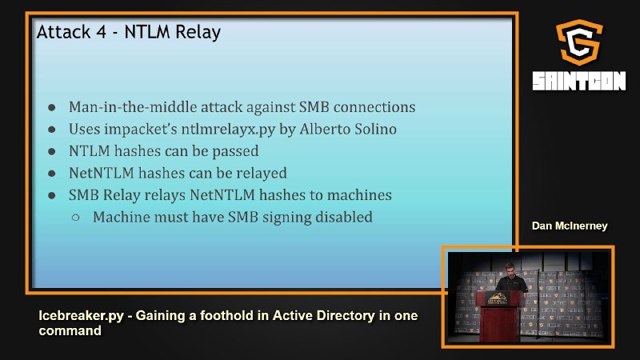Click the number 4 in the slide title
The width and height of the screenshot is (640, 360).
pyautogui.click(x=102, y=32)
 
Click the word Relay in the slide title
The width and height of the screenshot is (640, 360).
pyautogui.click(x=201, y=32)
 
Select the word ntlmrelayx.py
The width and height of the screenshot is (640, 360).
pyautogui.click(x=228, y=130)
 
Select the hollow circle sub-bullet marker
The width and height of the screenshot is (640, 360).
pyautogui.click(x=75, y=218)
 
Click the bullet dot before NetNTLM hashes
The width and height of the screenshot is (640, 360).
pyautogui.click(x=52, y=174)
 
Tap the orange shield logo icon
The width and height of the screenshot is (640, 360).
pyautogui.click(x=578, y=42)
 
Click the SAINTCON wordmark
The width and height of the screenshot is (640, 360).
pyautogui.click(x=578, y=81)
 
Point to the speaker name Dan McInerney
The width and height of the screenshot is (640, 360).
pyautogui.click(x=570, y=226)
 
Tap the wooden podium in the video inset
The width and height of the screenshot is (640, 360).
pyautogui.click(x=499, y=315)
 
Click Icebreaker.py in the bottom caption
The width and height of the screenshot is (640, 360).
pyautogui.click(x=81, y=315)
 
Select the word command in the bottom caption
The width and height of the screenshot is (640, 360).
pyautogui.click(x=70, y=330)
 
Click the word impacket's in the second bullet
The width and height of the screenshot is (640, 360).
pyautogui.click(x=141, y=130)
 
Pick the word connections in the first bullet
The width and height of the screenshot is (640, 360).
pyautogui.click(x=374, y=107)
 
